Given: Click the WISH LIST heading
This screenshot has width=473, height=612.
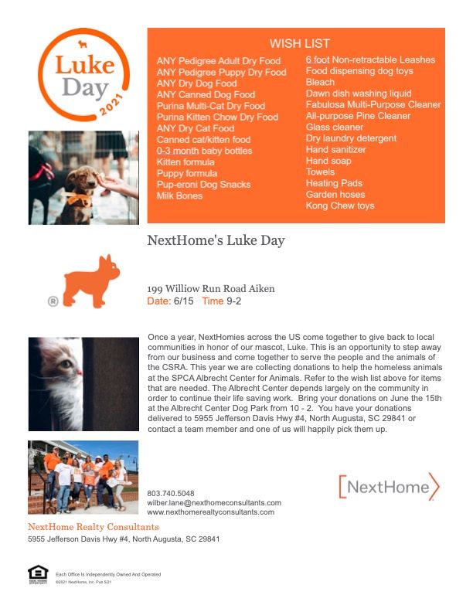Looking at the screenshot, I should [x=299, y=43].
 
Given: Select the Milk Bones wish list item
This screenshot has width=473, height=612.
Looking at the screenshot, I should [x=179, y=195].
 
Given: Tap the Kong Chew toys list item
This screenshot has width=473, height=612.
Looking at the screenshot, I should [x=339, y=206].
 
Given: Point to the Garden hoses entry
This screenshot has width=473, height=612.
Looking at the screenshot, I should [x=335, y=195].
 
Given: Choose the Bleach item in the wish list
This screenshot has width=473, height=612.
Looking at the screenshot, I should [x=320, y=82].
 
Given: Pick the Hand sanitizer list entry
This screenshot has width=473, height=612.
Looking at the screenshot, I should [x=335, y=150].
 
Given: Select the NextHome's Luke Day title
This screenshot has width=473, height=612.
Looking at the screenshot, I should [x=216, y=240].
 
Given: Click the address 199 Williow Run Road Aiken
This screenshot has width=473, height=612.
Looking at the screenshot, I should [x=210, y=289].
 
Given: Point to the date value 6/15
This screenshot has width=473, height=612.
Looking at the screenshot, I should [x=185, y=301].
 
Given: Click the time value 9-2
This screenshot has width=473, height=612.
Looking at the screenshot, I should [x=233, y=301].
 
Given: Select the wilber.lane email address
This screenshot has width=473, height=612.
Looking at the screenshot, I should [x=213, y=502].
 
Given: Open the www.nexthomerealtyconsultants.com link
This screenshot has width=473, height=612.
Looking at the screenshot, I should [x=210, y=512].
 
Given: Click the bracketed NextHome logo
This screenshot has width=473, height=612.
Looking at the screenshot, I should [x=388, y=487].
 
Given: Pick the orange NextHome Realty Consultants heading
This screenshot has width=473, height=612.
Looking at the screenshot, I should [x=93, y=527].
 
